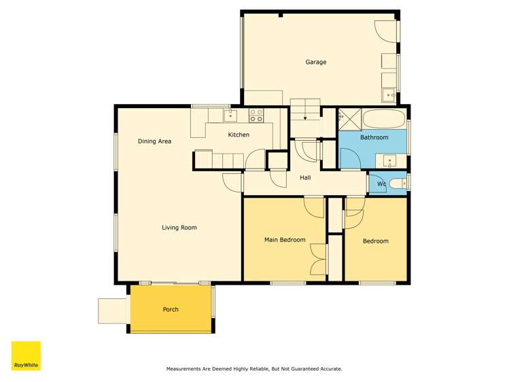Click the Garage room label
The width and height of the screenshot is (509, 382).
(315, 62)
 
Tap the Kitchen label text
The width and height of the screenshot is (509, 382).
(239, 135)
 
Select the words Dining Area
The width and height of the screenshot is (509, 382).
(154, 141)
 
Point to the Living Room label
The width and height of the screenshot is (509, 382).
(179, 228)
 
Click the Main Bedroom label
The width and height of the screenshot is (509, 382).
(284, 240)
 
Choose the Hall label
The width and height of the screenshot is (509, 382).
(305, 178)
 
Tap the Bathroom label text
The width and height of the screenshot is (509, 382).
(374, 137)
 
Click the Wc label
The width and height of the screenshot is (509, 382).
(381, 184)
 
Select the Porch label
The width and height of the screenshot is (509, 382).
(171, 309)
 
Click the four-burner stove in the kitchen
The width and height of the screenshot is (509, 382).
(256, 116)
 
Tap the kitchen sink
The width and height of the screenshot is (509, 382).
(230, 114)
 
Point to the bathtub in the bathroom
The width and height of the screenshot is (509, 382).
(384, 119)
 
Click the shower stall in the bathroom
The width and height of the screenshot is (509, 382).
(349, 119)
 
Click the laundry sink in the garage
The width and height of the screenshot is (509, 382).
(389, 96)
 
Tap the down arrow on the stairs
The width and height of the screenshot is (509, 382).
(305, 118)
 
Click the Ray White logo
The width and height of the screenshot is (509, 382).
(26, 356)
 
